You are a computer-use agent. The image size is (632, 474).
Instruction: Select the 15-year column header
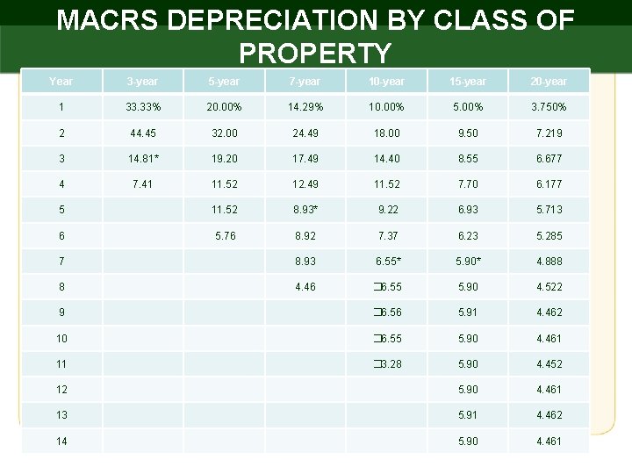pos(467,82)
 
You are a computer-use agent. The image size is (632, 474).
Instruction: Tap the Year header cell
pos(61,82)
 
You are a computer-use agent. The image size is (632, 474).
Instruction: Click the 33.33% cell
pos(141,107)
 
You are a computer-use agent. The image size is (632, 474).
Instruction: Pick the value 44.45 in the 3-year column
pos(141,133)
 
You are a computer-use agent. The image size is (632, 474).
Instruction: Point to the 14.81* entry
pos(141,159)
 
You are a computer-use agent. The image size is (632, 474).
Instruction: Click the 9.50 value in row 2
pos(467,133)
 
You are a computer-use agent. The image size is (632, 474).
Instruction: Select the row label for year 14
pos(61,442)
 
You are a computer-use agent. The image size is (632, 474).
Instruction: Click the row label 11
pos(61,364)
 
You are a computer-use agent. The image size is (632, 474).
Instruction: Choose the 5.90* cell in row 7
pos(467,262)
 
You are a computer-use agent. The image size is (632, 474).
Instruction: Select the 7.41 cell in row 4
pos(141,184)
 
